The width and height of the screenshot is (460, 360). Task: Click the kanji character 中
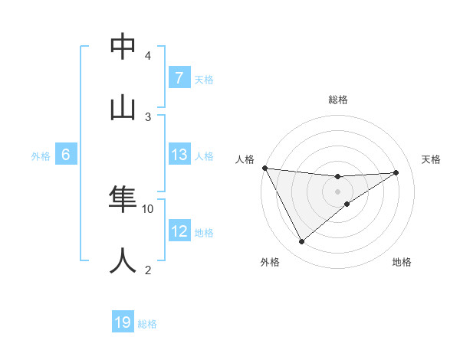click(x=123, y=47)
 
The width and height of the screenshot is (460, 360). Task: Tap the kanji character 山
click(x=123, y=107)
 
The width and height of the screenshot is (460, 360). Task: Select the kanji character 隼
click(x=123, y=200)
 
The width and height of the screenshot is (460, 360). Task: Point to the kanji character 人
click(x=123, y=260)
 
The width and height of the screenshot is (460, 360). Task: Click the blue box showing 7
click(x=179, y=78)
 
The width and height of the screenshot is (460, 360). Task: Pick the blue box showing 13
click(x=179, y=155)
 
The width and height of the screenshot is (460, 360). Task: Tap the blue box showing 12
click(x=179, y=231)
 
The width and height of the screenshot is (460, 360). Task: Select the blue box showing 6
click(x=66, y=155)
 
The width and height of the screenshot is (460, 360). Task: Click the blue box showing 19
click(x=123, y=322)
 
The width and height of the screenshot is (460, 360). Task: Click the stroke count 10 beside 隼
click(x=148, y=208)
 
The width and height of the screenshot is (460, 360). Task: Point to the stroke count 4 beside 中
click(x=148, y=56)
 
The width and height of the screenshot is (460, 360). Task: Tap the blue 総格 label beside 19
click(x=147, y=324)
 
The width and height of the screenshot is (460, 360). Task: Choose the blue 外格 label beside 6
click(x=41, y=156)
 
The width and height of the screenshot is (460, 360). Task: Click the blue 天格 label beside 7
click(x=204, y=80)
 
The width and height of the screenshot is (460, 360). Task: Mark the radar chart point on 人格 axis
click(x=264, y=168)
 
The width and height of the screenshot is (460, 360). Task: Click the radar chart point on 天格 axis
click(x=396, y=172)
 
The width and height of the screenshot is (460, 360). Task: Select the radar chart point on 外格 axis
click(x=301, y=242)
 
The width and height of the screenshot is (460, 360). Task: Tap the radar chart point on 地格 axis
click(x=347, y=204)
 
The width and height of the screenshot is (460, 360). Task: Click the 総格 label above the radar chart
click(x=338, y=100)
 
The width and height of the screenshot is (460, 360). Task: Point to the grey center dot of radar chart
click(x=338, y=191)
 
